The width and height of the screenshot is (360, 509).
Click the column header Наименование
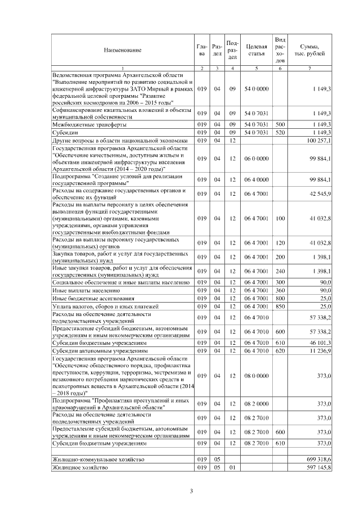pyautogui.click(x=122, y=51)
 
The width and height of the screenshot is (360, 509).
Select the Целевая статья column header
pyautogui.click(x=256, y=51)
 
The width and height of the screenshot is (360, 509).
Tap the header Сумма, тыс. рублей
pyautogui.click(x=310, y=51)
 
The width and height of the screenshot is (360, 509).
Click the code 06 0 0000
pyautogui.click(x=256, y=159)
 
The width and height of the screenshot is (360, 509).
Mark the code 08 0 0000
pyautogui.click(x=256, y=375)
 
